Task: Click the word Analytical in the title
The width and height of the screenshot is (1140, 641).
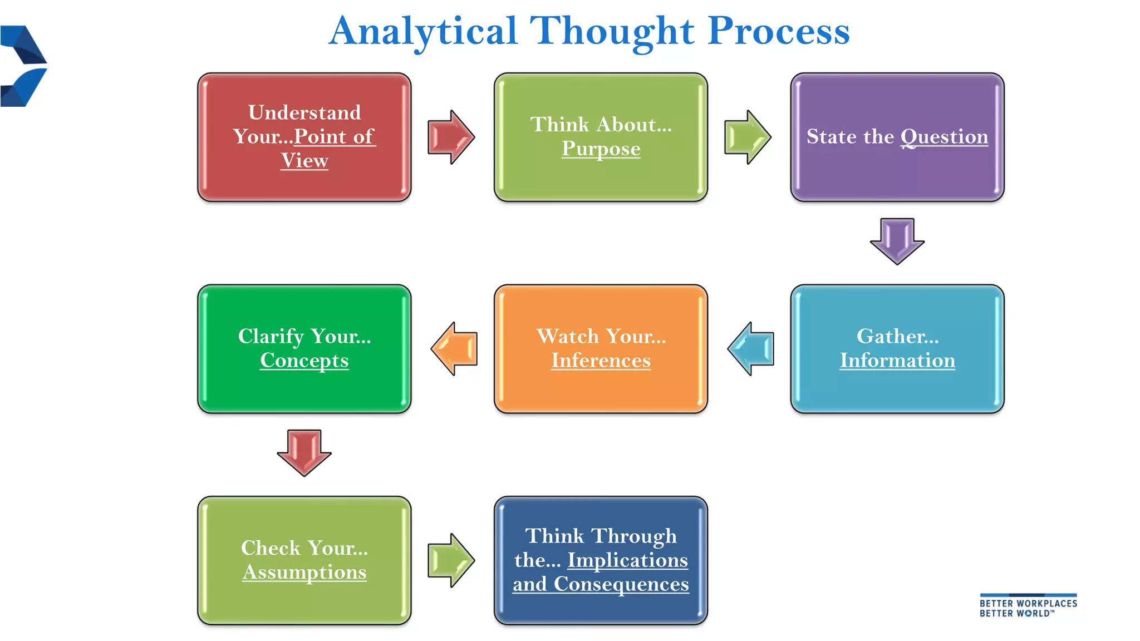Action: coord(423,31)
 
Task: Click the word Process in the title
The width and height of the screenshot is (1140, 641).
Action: coord(779,31)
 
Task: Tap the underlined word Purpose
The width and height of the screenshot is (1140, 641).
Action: coord(601,149)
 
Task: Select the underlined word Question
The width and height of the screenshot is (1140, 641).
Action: coord(944,137)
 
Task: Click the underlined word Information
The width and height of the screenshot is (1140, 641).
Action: coord(897,361)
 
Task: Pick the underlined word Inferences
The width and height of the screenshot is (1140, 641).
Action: coord(601,361)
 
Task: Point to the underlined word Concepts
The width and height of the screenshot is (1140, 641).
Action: coord(304,361)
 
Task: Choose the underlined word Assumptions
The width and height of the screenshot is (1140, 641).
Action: coord(304,573)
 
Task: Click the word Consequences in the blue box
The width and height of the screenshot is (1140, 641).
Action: coord(621,584)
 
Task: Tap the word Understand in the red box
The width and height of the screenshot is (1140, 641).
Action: coord(304,112)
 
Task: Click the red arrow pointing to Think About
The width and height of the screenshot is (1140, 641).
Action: coord(450,137)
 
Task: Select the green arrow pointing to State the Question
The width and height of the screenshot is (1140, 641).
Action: coord(747,137)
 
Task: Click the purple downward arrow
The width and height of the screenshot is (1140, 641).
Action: coord(897,240)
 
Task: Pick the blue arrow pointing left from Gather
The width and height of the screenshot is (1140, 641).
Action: coord(751,349)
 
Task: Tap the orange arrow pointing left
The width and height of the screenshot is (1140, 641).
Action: coord(454,349)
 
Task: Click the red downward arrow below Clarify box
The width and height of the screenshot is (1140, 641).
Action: coord(304,452)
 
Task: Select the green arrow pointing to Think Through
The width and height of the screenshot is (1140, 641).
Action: coord(450,560)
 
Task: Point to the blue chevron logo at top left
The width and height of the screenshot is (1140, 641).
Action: coord(23,66)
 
